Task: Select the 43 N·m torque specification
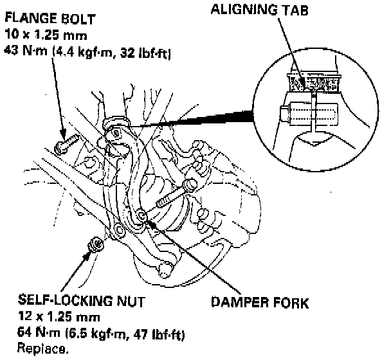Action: tap(22, 54)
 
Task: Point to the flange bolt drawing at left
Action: tap(66, 147)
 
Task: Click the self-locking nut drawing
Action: tap(94, 246)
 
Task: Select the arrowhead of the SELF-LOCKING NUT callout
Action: tap(87, 253)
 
